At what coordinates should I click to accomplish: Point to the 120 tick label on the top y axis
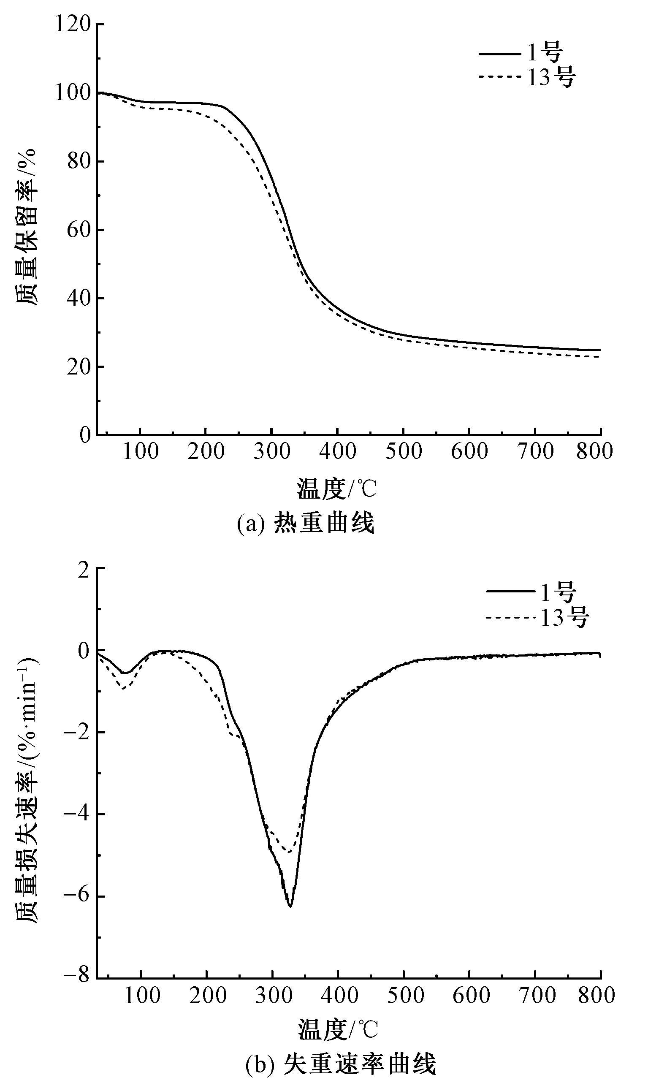pos(72,24)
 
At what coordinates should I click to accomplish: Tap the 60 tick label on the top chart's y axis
pos(79,230)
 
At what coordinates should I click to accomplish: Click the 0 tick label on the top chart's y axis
pos(85,435)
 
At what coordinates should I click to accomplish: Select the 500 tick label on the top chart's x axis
pos(403,451)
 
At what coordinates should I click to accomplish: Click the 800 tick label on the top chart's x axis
pos(594,451)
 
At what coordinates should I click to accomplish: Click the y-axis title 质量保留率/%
pos(27,227)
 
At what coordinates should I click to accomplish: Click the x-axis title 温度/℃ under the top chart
pos(336,488)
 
